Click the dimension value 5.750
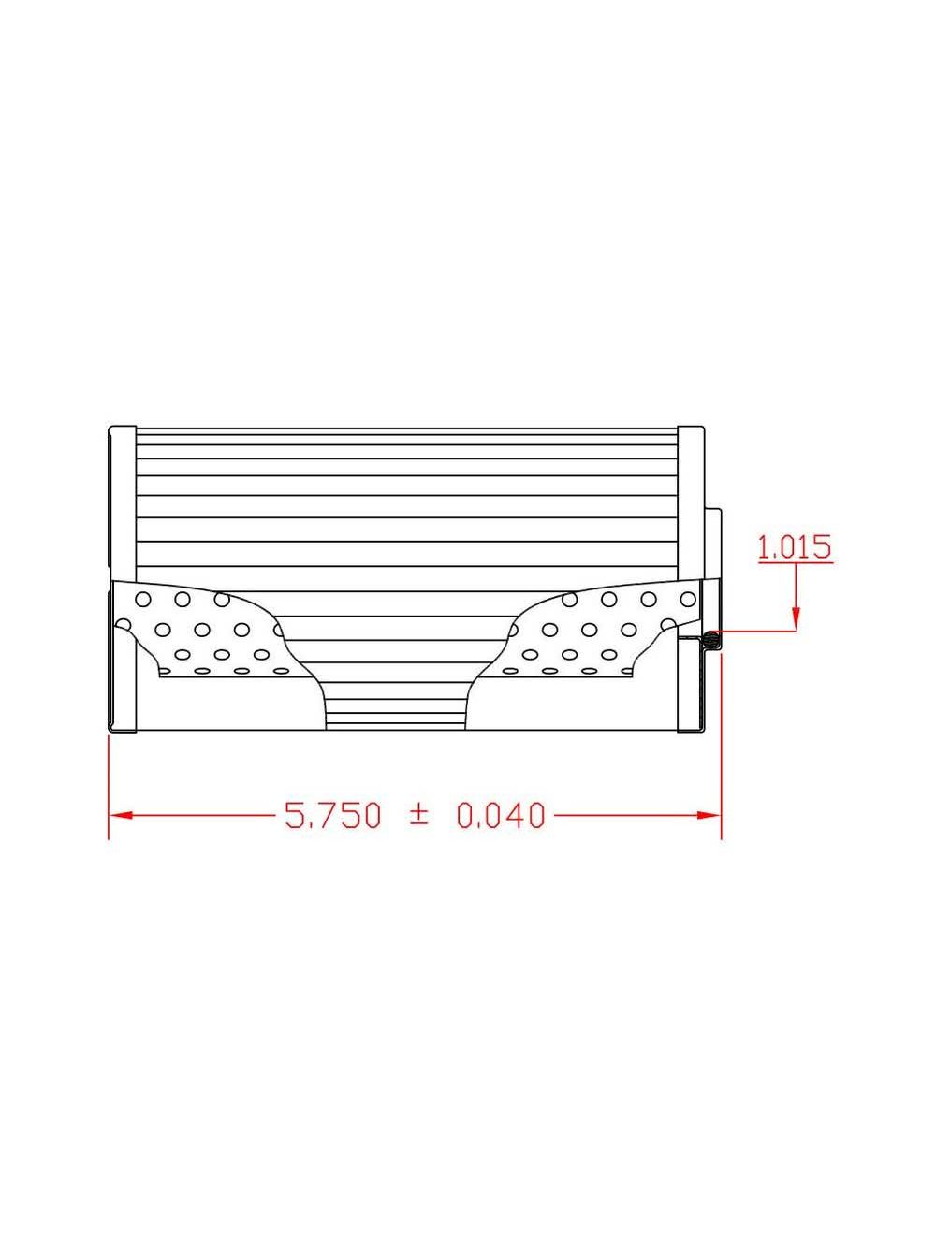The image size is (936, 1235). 333,816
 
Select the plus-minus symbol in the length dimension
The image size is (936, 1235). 418,815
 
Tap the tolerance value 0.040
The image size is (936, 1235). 500,816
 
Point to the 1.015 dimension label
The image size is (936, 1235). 795,547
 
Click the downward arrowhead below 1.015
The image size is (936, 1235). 796,618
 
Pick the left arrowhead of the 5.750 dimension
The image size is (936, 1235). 119,816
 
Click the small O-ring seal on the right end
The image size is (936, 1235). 711,641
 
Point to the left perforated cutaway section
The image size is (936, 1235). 201,632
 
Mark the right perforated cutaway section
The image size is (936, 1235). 599,632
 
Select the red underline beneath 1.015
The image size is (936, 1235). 795,564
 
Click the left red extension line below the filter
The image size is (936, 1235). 110,786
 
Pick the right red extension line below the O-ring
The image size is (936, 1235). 721,748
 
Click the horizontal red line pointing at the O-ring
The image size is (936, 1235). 758,632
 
